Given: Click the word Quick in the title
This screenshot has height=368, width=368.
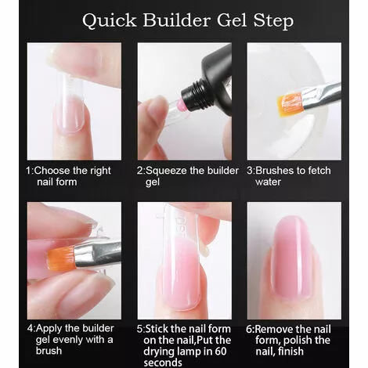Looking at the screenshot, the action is tap(110, 20).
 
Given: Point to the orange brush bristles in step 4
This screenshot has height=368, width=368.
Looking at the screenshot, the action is tap(62, 258).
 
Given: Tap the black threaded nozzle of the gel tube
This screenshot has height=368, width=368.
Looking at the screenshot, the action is tap(193, 96).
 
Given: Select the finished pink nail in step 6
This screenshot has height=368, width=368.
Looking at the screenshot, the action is tap(292, 257).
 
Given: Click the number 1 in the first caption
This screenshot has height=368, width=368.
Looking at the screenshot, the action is tap(29, 171).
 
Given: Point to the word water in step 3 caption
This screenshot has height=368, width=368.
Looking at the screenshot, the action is tap(268, 182).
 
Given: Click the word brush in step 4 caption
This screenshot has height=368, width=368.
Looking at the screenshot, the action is tap(49, 351).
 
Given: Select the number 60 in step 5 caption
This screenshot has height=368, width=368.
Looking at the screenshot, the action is tap(221, 352).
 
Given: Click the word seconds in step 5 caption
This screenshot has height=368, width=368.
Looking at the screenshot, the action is tap(163, 363).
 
